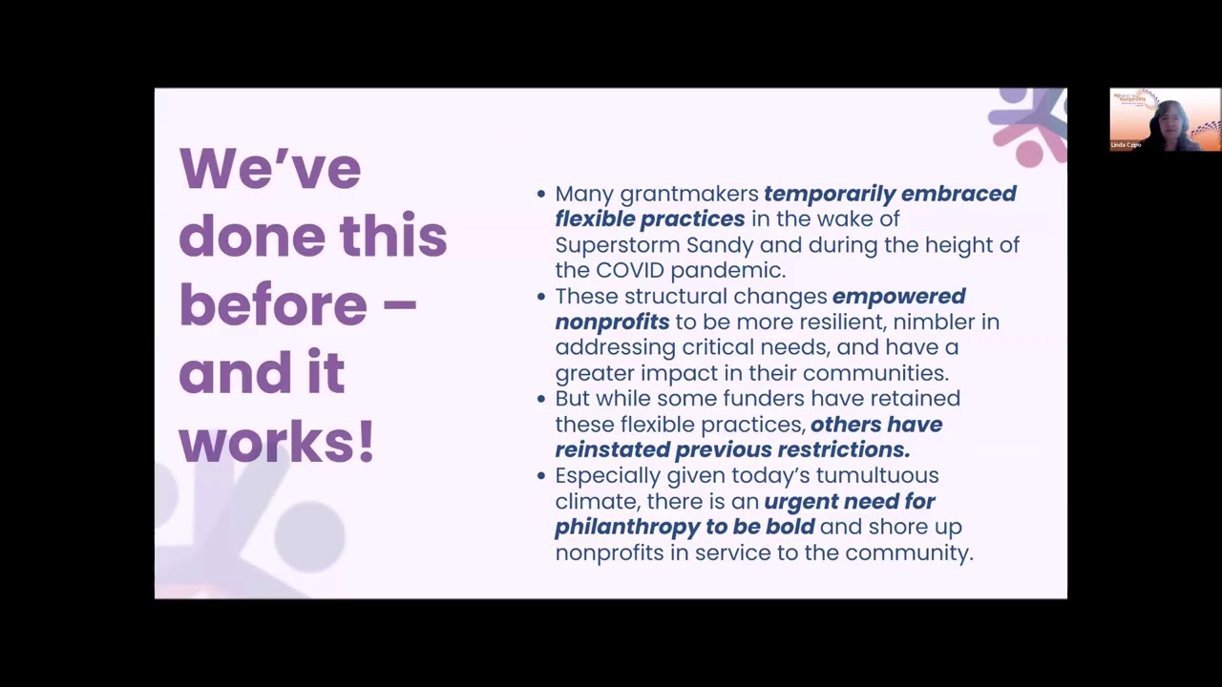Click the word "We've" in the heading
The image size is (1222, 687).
tap(270, 168)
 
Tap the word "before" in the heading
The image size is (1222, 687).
tap(273, 304)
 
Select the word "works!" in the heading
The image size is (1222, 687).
tap(277, 442)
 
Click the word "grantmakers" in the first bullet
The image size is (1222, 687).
tap(689, 194)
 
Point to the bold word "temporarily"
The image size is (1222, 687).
tap(829, 194)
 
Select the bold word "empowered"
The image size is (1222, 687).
tap(898, 297)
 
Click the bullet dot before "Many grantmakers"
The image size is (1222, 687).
tap(542, 194)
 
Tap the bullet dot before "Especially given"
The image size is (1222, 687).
tap(542, 475)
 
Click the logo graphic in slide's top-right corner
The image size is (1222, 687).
tap(1028, 124)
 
